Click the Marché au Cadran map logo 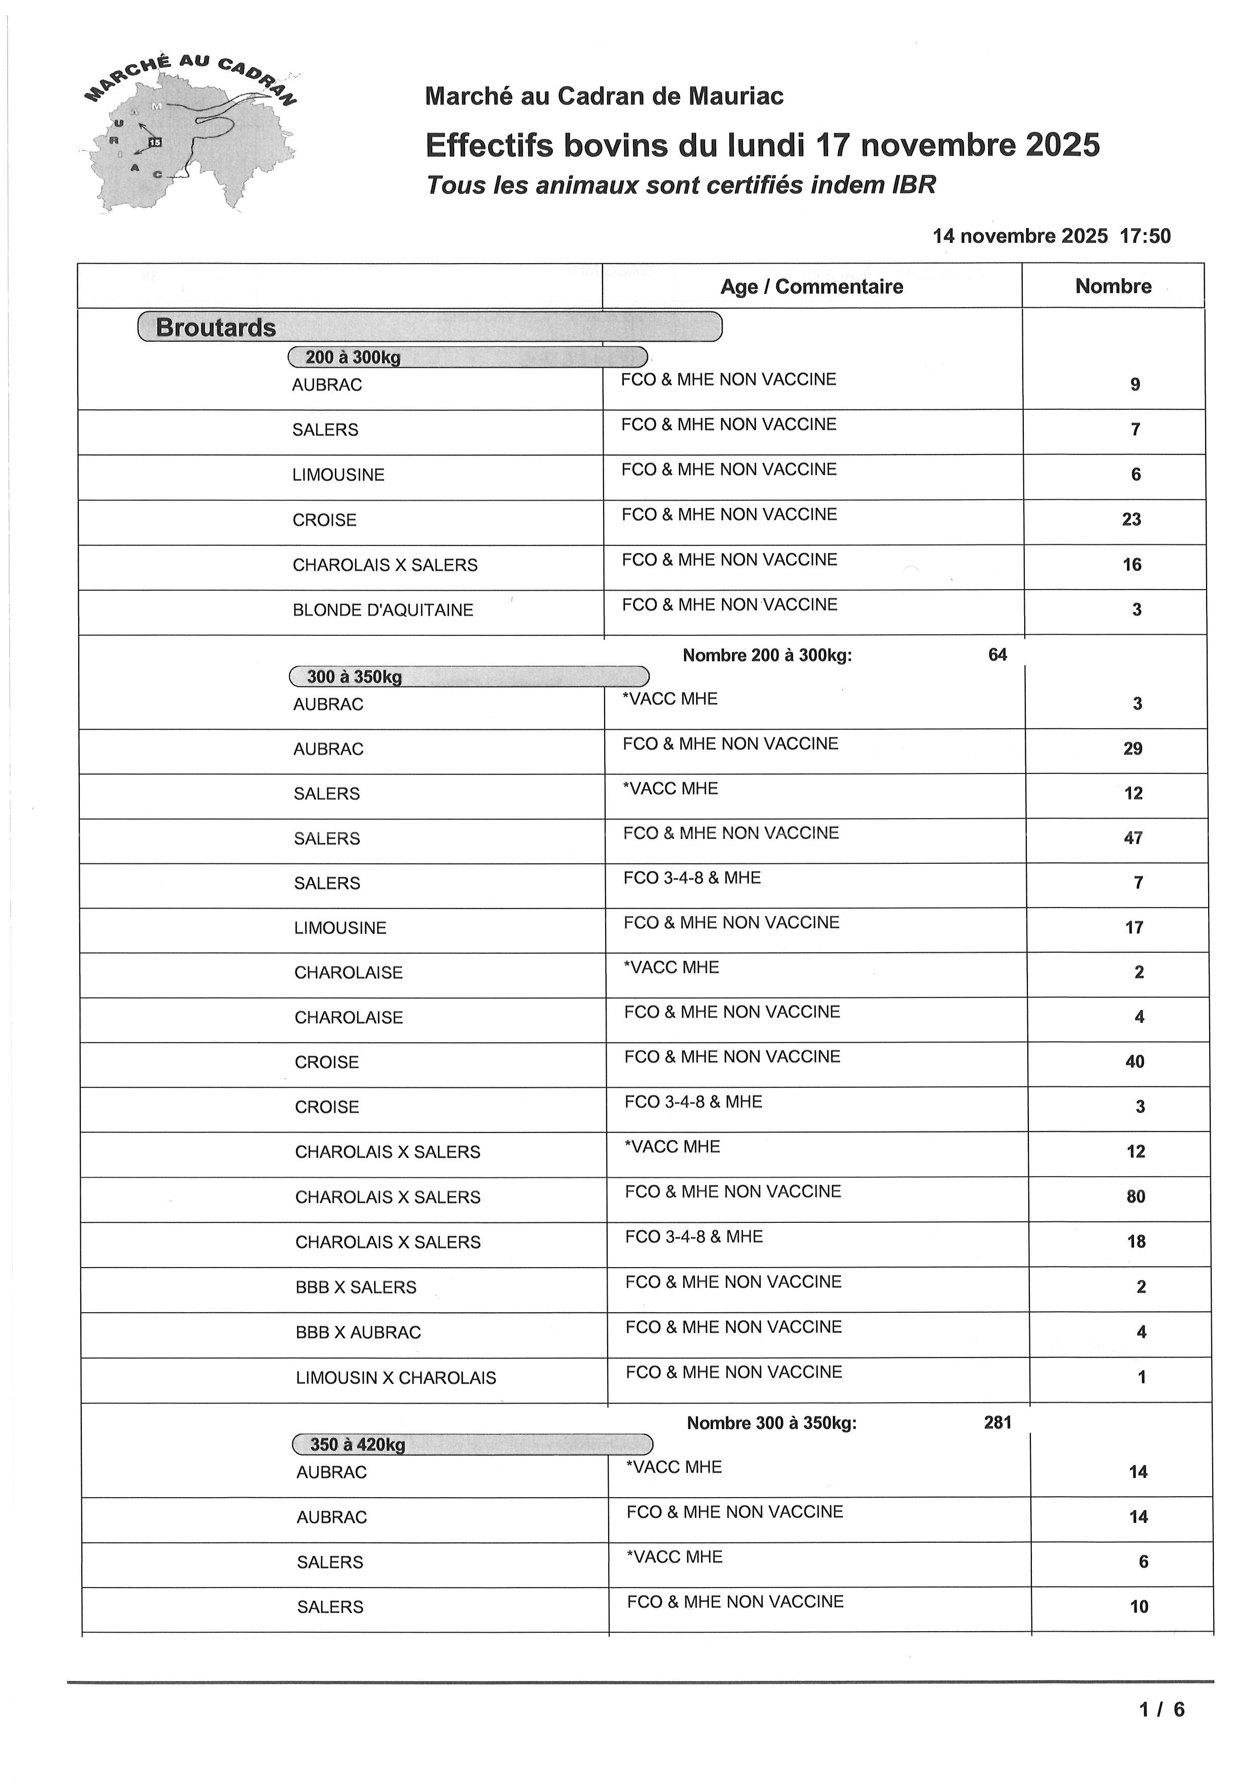(190, 136)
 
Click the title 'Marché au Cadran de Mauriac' (604, 96)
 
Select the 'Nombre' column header (1113, 286)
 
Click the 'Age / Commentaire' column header (811, 287)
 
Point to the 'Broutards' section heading (216, 328)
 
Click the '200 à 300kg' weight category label (353, 358)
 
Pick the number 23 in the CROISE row (1131, 520)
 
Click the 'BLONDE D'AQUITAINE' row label (383, 610)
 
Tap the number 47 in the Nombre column (1133, 838)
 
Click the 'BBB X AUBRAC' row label (358, 1333)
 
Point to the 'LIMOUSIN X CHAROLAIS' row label (396, 1378)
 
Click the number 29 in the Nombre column (1133, 749)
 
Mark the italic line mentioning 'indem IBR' (681, 185)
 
